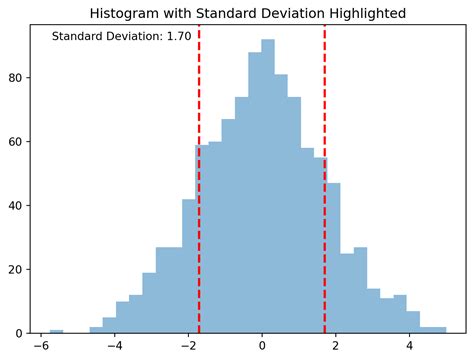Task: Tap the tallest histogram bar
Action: coord(268,190)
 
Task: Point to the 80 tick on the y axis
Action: coord(19,78)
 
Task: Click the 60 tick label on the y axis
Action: coord(19,142)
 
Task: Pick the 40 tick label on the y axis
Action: coord(19,206)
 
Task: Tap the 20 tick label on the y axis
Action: coord(19,270)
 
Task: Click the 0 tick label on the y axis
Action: coord(22,333)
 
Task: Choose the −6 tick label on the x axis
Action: coord(40,348)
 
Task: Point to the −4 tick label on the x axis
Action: coord(114,348)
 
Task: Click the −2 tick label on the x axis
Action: coord(188,348)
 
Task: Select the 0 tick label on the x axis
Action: coord(262,348)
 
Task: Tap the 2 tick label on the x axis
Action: coord(336,348)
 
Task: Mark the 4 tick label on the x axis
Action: coord(410,348)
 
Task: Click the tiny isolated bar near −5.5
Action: coord(56,331)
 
